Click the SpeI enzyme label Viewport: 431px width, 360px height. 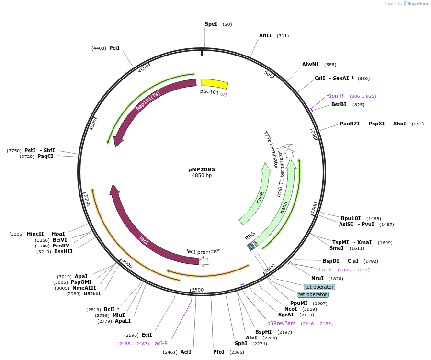211,24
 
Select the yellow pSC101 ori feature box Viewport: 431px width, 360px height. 214,84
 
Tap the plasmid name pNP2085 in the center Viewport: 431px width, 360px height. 202,169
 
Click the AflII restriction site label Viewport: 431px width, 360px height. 265,35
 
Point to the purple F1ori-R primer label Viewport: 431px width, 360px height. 335,96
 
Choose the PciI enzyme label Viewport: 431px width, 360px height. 114,48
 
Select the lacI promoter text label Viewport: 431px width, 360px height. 204,251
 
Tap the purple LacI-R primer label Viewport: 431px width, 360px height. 160,343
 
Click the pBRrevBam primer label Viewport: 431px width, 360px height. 281,323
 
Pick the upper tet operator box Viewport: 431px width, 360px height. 316,287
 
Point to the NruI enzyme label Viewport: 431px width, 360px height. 318,278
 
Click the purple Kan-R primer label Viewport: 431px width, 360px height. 325,270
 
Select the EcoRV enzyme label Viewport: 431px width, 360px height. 61,246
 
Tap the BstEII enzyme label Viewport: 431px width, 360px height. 92,293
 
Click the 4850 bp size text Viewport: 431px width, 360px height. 202,176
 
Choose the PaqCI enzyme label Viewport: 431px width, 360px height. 45,157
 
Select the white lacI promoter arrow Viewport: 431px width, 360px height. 204,261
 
